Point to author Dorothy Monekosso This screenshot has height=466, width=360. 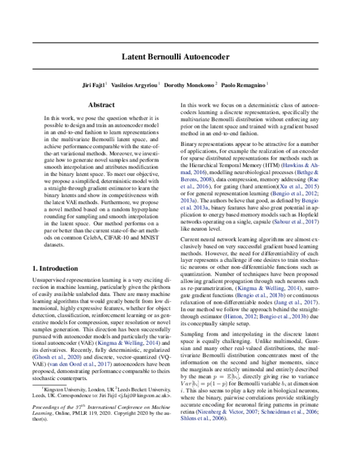[x=196, y=86]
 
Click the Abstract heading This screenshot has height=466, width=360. [x=101, y=104]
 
